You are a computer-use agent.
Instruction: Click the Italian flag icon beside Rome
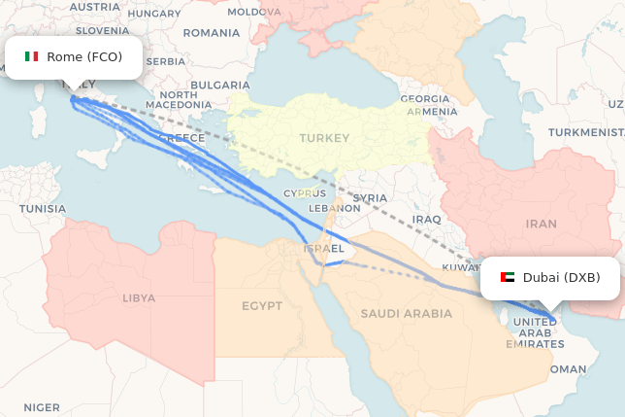[32, 56]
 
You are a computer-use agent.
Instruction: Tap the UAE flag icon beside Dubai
[508, 278]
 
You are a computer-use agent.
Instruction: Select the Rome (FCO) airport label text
[84, 56]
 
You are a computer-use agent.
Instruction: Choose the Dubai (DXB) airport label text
[561, 278]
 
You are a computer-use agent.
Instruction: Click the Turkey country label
[324, 138]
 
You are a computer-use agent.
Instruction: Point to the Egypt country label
[262, 306]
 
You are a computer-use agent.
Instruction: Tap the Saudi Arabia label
[406, 313]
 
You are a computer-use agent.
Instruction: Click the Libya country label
[138, 297]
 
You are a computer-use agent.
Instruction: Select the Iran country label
[541, 224]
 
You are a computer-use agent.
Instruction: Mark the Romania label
[211, 32]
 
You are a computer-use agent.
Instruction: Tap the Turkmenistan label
[585, 132]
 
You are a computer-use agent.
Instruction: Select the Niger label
[42, 407]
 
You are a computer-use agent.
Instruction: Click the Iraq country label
[427, 220]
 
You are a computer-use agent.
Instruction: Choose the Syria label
[370, 197]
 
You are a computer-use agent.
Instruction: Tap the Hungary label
[154, 14]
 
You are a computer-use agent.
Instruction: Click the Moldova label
[253, 12]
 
